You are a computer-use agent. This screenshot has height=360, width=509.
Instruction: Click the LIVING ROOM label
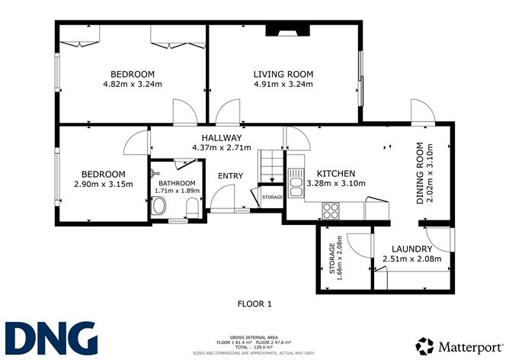[x=283, y=74]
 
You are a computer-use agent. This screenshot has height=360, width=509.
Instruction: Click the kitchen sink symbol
[x=295, y=182]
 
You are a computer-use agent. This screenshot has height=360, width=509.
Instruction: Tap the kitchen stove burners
[x=331, y=209]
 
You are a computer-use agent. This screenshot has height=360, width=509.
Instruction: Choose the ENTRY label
[x=230, y=176]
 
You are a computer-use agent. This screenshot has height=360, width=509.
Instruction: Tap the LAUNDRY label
[x=411, y=249]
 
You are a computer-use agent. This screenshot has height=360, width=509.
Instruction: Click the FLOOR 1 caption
[x=254, y=304]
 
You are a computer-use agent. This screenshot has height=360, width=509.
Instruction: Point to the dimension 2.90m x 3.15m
[x=104, y=184]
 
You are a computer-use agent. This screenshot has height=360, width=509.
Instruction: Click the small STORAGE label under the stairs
[x=271, y=198]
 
